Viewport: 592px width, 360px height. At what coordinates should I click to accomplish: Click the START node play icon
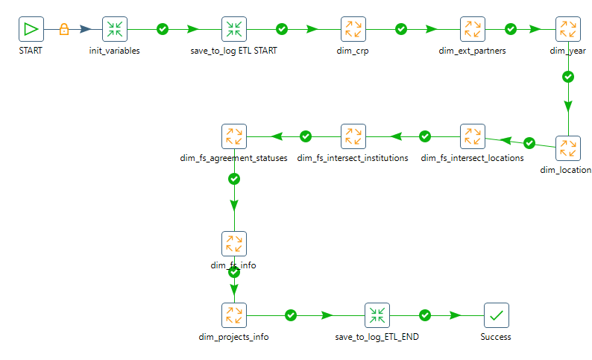click(x=31, y=29)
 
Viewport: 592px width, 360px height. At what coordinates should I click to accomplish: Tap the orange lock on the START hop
click(x=64, y=29)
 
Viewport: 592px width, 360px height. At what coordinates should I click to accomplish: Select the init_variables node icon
click(x=115, y=29)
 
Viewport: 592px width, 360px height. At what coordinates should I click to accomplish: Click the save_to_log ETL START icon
click(x=234, y=29)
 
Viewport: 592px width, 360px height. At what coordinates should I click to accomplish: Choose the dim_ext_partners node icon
click(x=473, y=29)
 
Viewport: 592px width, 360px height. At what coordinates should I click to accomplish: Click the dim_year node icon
click(x=568, y=29)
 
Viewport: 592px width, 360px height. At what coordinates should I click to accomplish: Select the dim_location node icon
click(x=568, y=148)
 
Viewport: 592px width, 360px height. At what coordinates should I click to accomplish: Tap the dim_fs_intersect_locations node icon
click(x=473, y=136)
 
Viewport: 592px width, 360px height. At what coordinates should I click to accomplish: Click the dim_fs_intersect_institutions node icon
click(x=353, y=136)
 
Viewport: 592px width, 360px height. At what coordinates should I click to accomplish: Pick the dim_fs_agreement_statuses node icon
click(x=234, y=136)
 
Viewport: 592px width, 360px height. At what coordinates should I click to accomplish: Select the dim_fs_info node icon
click(x=234, y=243)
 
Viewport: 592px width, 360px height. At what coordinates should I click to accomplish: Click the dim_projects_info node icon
click(x=234, y=315)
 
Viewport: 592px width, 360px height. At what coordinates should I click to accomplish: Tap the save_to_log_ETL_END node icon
click(x=377, y=315)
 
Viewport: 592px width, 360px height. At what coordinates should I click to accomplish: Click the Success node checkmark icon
click(x=497, y=315)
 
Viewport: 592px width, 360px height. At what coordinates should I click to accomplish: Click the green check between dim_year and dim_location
click(x=568, y=77)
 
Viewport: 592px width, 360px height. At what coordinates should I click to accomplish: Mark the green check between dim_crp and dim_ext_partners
click(x=401, y=29)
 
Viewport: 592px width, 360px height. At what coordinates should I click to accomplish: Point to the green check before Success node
click(x=425, y=315)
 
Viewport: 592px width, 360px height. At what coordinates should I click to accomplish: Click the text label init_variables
click(x=115, y=51)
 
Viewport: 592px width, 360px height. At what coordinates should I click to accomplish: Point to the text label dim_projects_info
click(x=234, y=337)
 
